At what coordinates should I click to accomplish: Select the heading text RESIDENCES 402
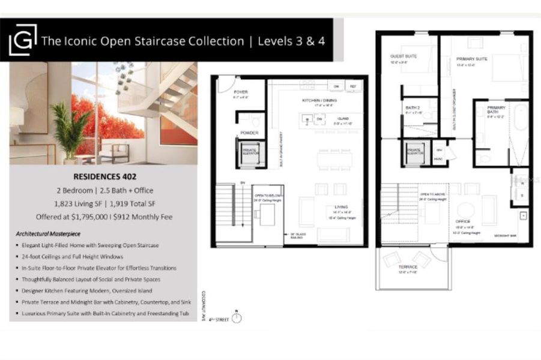(x=104, y=176)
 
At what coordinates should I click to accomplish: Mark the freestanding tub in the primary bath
(x=519, y=134)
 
